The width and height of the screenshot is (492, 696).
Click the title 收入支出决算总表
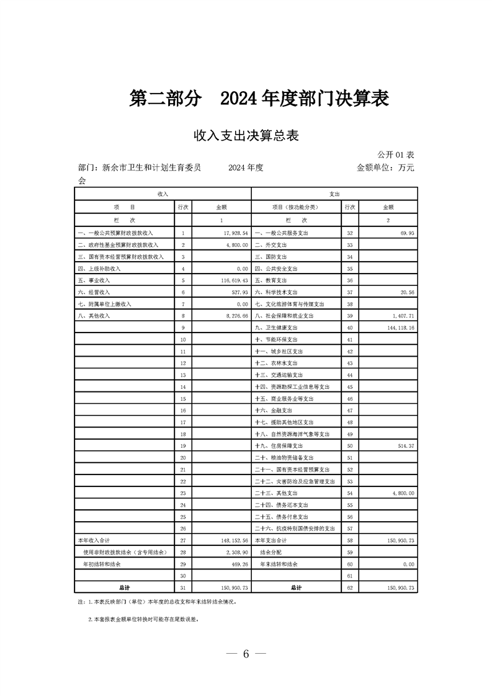click(246, 136)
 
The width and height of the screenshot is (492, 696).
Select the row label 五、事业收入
click(94, 280)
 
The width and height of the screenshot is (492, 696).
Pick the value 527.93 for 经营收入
click(239, 292)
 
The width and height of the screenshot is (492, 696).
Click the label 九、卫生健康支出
click(277, 328)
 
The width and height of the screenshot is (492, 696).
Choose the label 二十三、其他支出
click(278, 493)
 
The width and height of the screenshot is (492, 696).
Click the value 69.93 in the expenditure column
click(407, 233)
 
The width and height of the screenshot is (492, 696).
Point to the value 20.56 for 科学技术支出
click(407, 292)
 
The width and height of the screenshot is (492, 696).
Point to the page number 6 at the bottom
click(246, 654)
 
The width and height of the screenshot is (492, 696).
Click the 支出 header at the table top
click(334, 194)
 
